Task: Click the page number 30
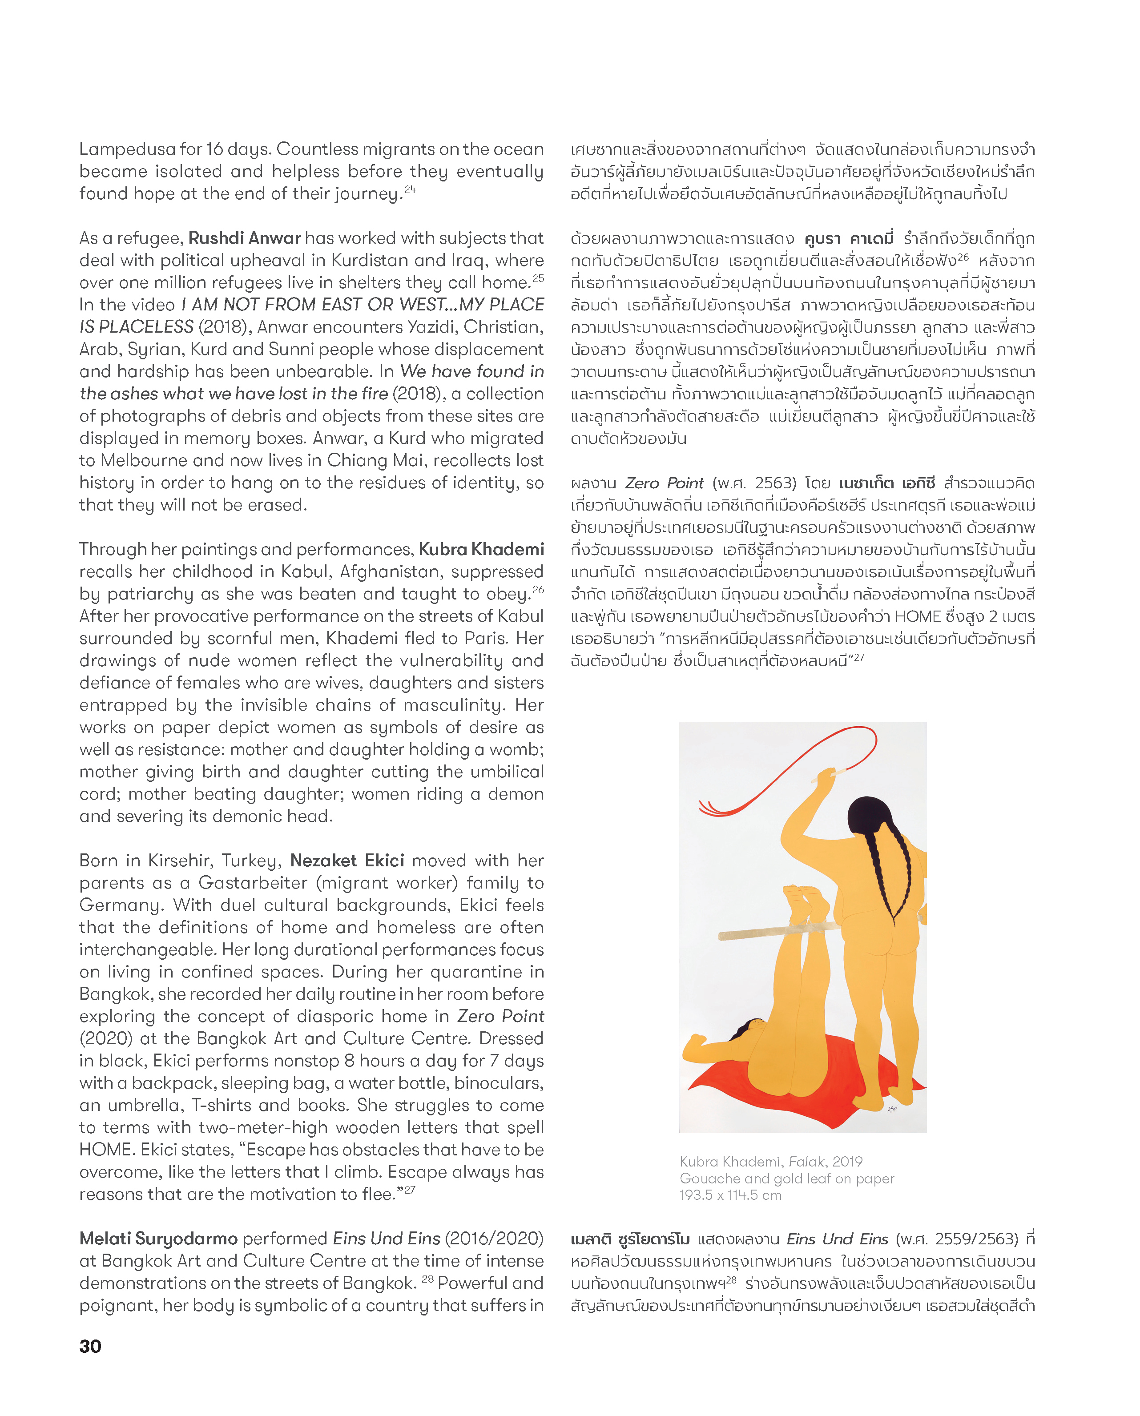pyautogui.click(x=90, y=1346)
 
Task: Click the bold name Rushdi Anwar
pyautogui.click(x=245, y=238)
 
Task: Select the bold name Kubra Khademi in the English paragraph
pyautogui.click(x=481, y=549)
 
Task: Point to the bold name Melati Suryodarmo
pyautogui.click(x=158, y=1238)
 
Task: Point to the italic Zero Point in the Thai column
pyautogui.click(x=664, y=483)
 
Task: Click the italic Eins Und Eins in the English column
pyautogui.click(x=387, y=1238)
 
